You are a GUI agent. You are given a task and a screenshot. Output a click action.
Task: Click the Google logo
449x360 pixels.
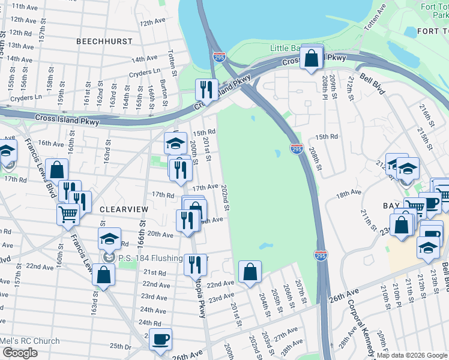click(x=20, y=353)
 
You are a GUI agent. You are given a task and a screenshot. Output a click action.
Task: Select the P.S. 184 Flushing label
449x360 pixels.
click(x=150, y=258)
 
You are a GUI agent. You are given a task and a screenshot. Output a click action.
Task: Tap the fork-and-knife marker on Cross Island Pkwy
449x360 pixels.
click(x=206, y=90)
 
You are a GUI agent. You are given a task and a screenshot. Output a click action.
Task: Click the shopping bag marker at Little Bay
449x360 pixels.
click(x=312, y=59)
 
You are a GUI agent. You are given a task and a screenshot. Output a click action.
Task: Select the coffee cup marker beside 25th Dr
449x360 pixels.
click(x=160, y=339)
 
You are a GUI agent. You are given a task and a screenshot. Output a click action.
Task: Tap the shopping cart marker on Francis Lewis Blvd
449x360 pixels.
click(x=68, y=214)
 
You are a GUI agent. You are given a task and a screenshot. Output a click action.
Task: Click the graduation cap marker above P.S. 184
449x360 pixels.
click(x=109, y=239)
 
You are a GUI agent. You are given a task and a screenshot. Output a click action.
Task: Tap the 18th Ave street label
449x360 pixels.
click(x=349, y=194)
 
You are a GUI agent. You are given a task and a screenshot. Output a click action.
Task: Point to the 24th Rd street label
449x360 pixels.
click(x=150, y=323)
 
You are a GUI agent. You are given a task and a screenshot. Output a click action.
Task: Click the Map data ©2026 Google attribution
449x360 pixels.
click(x=411, y=355)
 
